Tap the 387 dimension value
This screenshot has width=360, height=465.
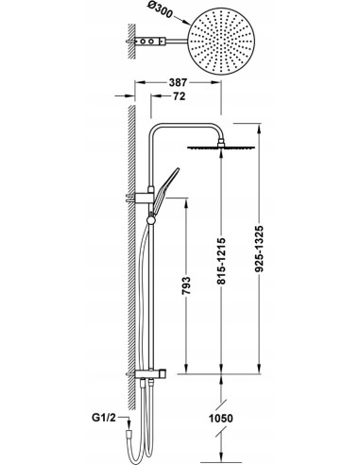[x=178, y=82]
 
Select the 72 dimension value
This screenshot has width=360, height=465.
[x=180, y=96]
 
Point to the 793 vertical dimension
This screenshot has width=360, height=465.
[x=186, y=285]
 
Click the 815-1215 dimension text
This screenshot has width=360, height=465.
[x=221, y=262]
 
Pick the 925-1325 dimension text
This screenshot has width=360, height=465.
[x=259, y=249]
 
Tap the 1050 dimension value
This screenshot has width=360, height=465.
[x=221, y=419]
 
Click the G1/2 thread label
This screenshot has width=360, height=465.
[x=104, y=418]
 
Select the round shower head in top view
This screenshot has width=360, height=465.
[x=221, y=42]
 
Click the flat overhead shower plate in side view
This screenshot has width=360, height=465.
[x=221, y=146]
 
